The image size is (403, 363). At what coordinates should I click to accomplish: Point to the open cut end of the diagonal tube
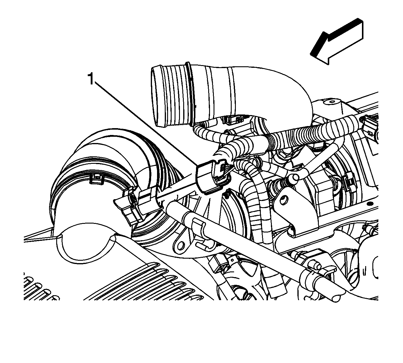(x=336, y=297)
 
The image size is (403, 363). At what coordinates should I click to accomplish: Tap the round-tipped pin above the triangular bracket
(x=295, y=177)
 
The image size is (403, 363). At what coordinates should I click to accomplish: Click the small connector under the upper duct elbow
(x=234, y=119)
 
